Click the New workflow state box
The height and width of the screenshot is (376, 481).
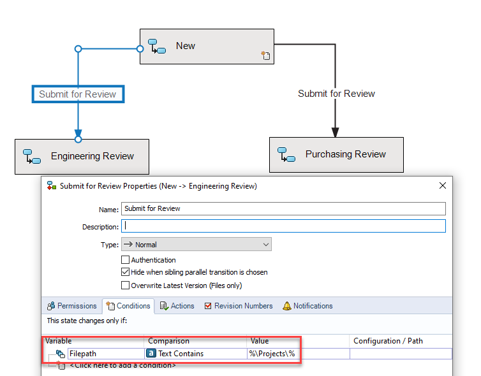point(207,47)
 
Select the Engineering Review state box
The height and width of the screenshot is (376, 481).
point(82,157)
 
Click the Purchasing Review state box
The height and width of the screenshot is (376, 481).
point(336,155)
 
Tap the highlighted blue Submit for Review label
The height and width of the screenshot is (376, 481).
point(78,94)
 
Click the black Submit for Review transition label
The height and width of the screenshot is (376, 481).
point(336,94)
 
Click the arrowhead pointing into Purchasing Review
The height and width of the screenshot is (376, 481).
point(336,133)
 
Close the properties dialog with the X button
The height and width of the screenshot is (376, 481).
point(442,185)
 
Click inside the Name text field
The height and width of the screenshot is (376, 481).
point(283,208)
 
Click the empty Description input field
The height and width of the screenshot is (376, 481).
point(283,226)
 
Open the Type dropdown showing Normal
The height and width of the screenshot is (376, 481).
point(196,244)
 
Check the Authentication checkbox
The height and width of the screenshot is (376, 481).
point(125,260)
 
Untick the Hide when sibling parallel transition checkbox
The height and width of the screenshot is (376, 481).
point(125,272)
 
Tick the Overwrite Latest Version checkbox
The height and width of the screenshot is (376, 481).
point(125,286)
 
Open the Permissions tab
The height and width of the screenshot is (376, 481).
point(72,306)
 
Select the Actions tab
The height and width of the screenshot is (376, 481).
point(177,306)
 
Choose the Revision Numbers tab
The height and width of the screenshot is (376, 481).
point(239,306)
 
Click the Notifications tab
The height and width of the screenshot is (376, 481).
point(307,306)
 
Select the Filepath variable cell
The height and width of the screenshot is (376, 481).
point(106,354)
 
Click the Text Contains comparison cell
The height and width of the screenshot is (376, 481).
point(196,354)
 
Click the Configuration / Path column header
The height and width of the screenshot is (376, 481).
point(388,341)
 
